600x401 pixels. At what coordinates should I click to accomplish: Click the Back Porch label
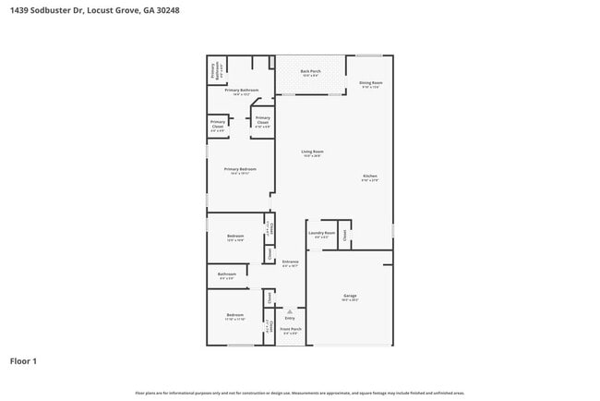310,71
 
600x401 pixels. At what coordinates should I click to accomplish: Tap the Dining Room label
370,83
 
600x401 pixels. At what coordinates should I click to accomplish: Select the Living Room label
312,152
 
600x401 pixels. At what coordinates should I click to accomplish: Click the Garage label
350,297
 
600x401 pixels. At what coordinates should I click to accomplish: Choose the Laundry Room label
321,234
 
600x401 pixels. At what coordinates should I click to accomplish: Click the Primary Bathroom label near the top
239,91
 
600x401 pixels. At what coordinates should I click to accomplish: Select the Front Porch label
290,330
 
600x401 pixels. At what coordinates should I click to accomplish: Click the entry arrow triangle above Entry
290,311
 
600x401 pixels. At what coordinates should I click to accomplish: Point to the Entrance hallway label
290,262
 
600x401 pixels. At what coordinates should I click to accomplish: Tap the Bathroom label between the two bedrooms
227,274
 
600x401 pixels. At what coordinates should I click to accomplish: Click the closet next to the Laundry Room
344,235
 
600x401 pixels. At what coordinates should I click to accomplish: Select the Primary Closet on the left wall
218,125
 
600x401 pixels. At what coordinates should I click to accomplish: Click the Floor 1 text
24,360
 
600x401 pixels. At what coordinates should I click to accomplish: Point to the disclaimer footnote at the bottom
299,392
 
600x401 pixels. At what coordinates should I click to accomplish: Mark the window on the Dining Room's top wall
369,55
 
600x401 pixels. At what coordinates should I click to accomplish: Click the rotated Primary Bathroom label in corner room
216,71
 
